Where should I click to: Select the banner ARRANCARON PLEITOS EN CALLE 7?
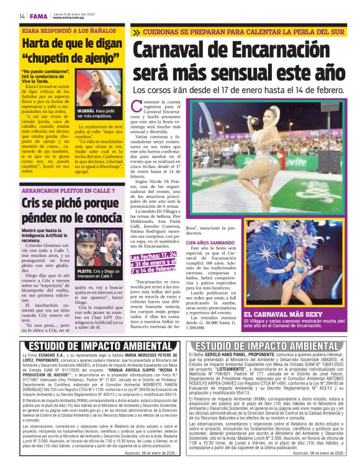[61, 191]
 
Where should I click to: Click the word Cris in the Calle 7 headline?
[31, 204]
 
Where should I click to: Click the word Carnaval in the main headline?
[178, 50]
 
